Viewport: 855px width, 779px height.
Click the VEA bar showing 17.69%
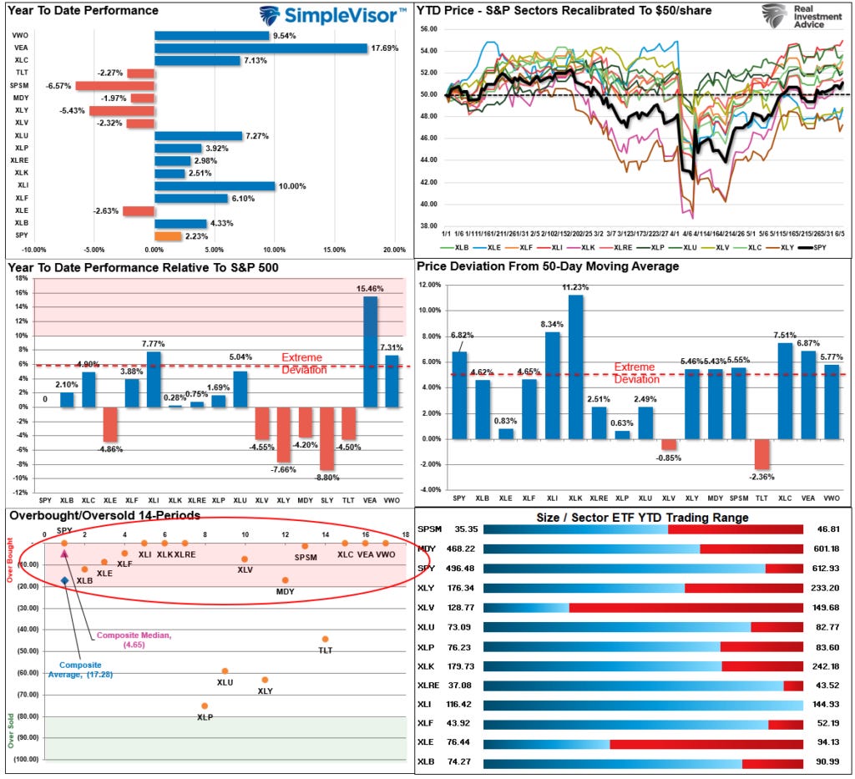point(261,48)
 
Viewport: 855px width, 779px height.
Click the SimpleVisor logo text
point(342,15)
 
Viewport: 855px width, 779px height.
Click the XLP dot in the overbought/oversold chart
point(205,706)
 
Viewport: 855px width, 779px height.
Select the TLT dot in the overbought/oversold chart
point(325,640)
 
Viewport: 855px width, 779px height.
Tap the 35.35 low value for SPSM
point(454,529)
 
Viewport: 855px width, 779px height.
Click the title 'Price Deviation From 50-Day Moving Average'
point(547,267)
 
